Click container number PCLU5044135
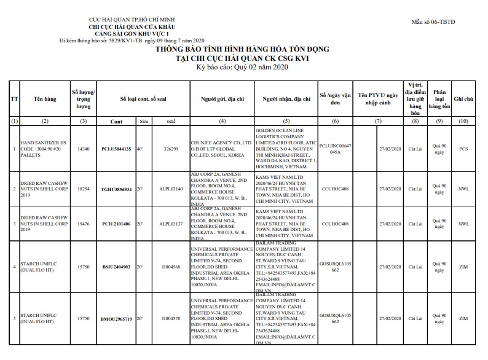click(x=116, y=149)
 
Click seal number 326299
click(x=171, y=149)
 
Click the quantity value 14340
click(x=84, y=149)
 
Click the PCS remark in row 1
click(x=463, y=149)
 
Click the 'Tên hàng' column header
click(x=45, y=99)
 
